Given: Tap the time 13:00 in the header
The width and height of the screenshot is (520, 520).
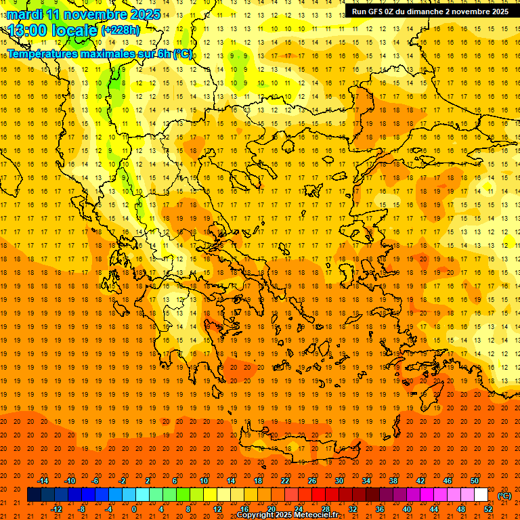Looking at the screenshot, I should coord(31,30).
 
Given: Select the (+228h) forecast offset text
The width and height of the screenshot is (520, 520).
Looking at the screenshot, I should coord(121,30).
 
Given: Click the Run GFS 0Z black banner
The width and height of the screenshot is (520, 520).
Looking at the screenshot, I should coord(430,12).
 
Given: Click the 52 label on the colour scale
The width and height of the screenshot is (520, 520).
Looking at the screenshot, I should coord(488,509).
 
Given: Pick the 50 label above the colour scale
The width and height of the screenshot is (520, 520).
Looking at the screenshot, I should coord(475,481).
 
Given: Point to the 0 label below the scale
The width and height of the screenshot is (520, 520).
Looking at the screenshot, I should coord(135,509).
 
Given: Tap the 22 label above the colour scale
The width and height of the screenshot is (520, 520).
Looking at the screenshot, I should coord(285,481).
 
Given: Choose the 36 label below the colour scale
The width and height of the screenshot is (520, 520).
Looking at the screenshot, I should coord(380,509).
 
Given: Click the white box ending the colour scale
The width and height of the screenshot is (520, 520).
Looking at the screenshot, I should coord(481,495).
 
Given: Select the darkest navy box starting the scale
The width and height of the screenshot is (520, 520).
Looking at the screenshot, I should coord(34,495).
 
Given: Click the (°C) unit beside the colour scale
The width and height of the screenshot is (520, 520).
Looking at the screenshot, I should coord(504,496).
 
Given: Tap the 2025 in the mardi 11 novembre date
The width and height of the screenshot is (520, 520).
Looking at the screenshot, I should coord(146,14).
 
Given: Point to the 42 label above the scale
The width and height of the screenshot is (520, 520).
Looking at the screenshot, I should coord(420,481).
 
